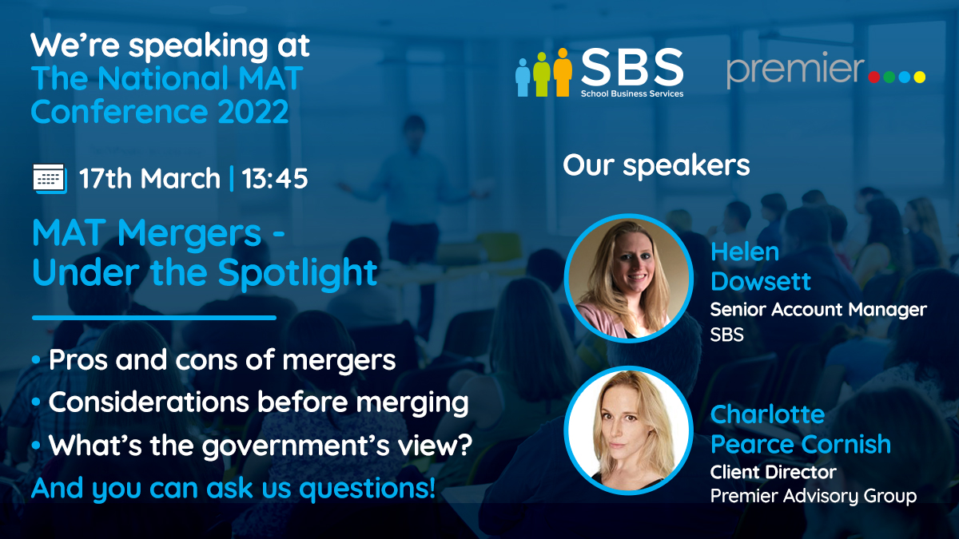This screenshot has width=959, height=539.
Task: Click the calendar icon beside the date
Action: point(50,179)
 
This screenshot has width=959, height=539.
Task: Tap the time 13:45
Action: point(275,178)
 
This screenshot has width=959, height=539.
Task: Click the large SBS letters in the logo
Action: point(632,66)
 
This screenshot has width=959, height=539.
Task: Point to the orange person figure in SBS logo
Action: point(563,72)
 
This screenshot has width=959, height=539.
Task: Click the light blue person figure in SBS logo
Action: point(523,77)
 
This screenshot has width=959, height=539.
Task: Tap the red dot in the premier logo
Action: point(873,77)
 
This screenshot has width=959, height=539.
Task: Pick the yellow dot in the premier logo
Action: point(920,77)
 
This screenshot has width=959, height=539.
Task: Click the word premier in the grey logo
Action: point(795,70)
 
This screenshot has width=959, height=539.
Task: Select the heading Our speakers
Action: point(656,165)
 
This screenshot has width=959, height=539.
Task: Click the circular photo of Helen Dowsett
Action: point(628,279)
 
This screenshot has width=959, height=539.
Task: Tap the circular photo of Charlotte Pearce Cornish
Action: point(628,430)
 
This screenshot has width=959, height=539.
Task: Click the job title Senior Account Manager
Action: point(818,309)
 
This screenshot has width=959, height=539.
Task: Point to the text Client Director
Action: point(774,472)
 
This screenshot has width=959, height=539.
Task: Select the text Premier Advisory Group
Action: point(814,496)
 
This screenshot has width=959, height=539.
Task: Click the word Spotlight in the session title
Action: point(297,274)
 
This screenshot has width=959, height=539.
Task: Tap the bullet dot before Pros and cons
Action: point(37,359)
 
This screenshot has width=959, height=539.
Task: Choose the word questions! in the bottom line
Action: point(368,489)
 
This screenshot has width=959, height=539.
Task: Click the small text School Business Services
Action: point(632,93)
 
